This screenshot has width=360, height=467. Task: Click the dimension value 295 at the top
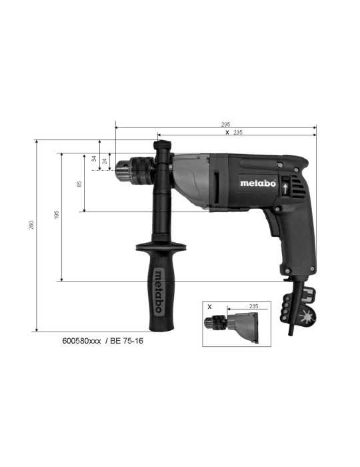pyautogui.click(x=225, y=124)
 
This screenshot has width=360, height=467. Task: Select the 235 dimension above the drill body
pyautogui.click(x=238, y=132)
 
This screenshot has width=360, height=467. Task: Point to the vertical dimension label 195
pyautogui.click(x=57, y=215)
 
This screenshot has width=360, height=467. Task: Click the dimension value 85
pyautogui.click(x=79, y=183)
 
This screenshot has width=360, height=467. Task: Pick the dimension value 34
pyautogui.click(x=95, y=159)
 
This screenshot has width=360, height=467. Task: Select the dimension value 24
pyautogui.click(x=105, y=161)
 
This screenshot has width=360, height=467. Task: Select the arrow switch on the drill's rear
pyautogui.click(x=285, y=188)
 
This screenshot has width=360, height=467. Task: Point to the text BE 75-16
pyautogui.click(x=126, y=341)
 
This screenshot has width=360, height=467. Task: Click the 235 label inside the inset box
pyautogui.click(x=253, y=306)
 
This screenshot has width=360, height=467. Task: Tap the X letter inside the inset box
pyautogui.click(x=209, y=307)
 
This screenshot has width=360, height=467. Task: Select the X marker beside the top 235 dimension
pyautogui.click(x=227, y=132)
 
